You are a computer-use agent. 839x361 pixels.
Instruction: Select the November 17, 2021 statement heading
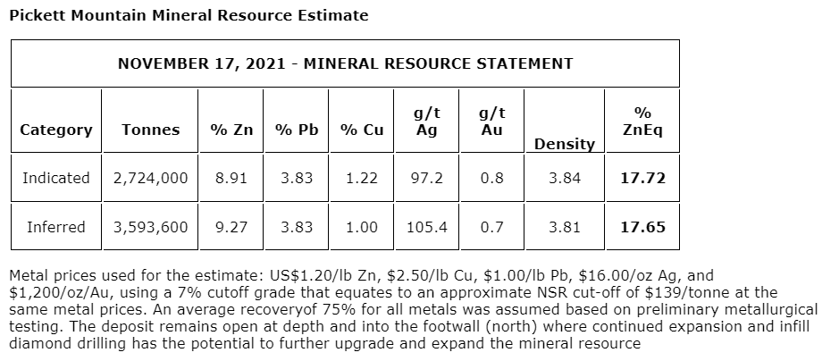pos(345,63)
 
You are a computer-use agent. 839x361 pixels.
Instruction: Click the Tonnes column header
pos(150,130)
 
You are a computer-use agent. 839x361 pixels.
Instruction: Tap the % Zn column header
pos(231,130)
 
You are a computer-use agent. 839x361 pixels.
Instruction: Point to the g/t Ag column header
pos(426,122)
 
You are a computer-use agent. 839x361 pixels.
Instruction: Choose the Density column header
pos(564,143)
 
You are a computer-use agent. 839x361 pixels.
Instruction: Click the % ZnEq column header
pos(642,122)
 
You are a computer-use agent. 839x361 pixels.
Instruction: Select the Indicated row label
pos(55,178)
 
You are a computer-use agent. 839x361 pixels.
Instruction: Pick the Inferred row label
pos(55,227)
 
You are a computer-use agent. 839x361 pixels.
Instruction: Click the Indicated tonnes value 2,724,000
pos(150,178)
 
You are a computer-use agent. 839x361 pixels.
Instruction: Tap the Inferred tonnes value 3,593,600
pos(150,227)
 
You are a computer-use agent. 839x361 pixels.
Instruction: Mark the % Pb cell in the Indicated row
pos(297,178)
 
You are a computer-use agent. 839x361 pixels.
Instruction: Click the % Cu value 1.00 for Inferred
pos(361,227)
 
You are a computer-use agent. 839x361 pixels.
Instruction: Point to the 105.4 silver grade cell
pos(426,227)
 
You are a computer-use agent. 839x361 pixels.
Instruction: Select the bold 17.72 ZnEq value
pos(642,178)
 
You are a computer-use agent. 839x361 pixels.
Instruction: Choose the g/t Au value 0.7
pos(491,227)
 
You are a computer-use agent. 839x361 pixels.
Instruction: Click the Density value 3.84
pos(564,178)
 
